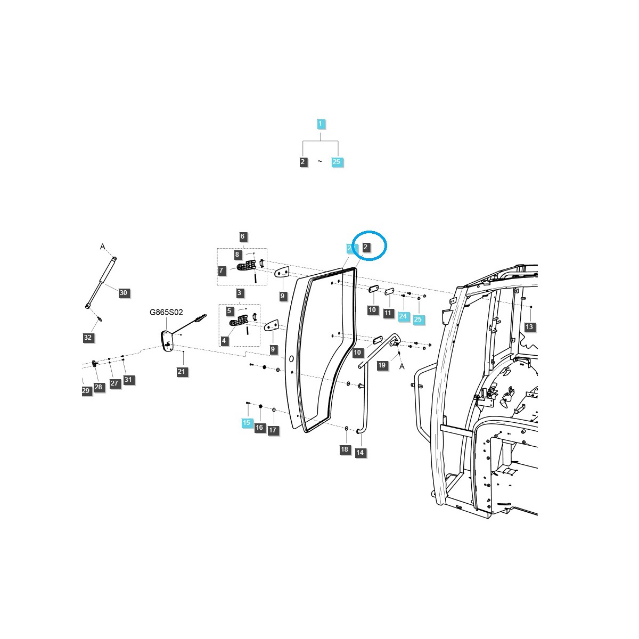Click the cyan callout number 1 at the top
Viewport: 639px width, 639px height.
tap(320, 124)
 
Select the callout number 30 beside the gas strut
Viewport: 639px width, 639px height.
tap(124, 293)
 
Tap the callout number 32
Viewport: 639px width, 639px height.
tap(88, 338)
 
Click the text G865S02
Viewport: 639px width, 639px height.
tap(166, 313)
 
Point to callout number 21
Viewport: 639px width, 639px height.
tap(182, 372)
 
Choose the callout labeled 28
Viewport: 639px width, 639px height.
tap(99, 387)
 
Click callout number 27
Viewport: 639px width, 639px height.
tap(114, 383)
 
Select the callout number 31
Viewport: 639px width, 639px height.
tap(128, 380)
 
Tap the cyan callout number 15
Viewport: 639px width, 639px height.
tap(247, 423)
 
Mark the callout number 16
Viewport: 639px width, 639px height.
tap(259, 427)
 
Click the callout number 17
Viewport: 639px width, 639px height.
tap(273, 430)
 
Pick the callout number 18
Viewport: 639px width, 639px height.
tap(345, 449)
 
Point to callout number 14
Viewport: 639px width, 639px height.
tap(360, 453)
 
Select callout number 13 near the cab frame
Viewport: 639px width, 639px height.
tap(529, 327)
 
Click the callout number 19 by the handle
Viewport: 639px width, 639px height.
tap(382, 365)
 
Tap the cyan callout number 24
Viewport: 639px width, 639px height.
tap(403, 316)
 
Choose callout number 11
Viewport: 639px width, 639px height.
tap(388, 314)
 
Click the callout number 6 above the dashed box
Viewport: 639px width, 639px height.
tap(242, 236)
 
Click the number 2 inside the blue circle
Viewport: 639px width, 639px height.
tap(366, 247)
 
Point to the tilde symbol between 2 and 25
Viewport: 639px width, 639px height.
tap(320, 161)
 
